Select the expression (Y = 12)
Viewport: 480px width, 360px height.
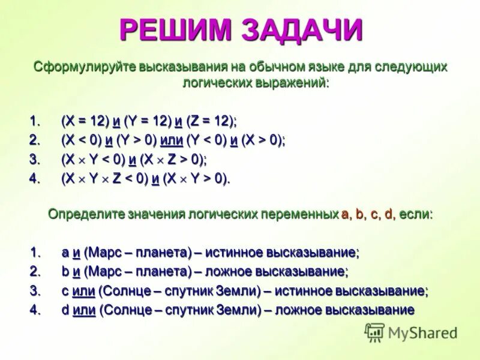(147, 121)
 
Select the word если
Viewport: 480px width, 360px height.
(414, 214)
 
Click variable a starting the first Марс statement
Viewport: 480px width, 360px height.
(65, 252)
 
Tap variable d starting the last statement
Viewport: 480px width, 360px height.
(65, 310)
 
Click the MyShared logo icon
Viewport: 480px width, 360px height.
(374, 332)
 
